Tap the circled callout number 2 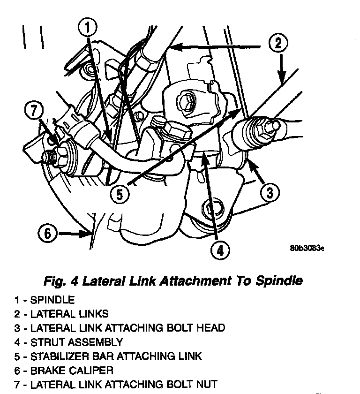coord(278,44)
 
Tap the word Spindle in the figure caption coord(279,281)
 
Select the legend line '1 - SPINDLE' coord(45,299)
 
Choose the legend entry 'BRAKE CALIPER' coord(72,370)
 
